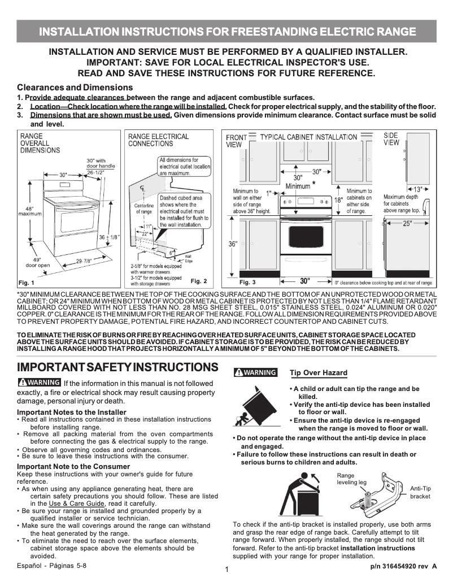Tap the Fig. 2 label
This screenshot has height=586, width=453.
199,281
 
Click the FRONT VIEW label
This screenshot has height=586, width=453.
236,141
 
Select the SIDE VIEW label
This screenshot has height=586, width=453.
391,139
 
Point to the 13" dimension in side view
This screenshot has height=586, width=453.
417,189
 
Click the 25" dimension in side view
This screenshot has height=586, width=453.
407,224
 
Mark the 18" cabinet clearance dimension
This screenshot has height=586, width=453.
338,200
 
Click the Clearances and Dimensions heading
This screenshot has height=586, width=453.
75,88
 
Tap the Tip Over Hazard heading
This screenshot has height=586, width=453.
318,373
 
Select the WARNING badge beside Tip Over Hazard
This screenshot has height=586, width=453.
256,372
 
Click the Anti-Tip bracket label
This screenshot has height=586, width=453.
420,492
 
